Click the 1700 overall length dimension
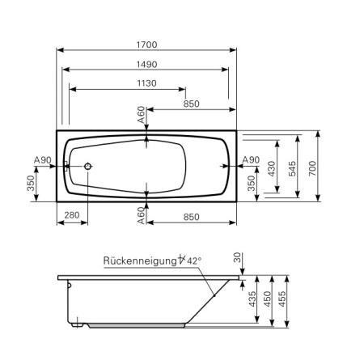point(146,44)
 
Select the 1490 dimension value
point(146,65)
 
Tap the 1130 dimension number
point(146,83)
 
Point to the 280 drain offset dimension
point(72,215)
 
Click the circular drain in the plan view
point(87,166)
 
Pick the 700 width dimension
point(312,168)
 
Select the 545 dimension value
point(292,168)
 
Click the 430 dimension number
point(272,168)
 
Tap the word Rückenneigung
point(140,260)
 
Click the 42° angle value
point(194,260)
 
